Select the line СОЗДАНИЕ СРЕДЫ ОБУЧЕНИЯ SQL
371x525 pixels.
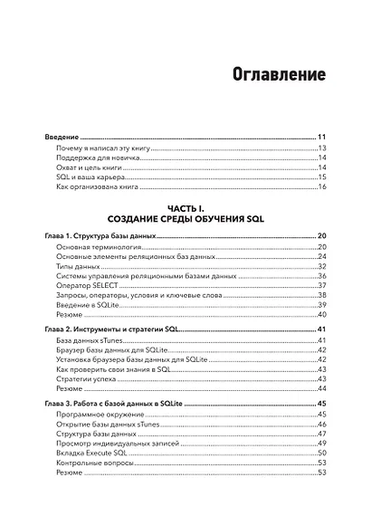click(185, 220)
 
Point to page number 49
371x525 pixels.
click(321, 443)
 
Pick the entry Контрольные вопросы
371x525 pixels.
click(94, 463)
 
